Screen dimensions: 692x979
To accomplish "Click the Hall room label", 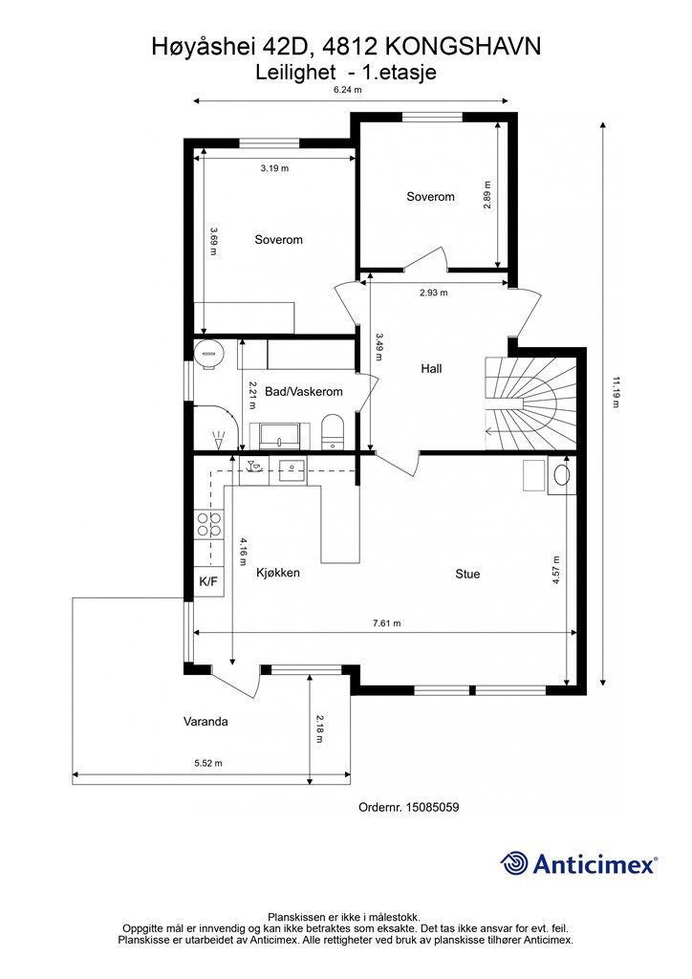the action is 431,368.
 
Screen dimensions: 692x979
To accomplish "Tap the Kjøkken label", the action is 278,573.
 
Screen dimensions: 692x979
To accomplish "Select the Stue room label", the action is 467,574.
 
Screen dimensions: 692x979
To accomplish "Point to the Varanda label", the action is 205,721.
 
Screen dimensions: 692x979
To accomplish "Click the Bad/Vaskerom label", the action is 304,392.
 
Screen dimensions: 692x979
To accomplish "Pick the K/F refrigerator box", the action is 208,582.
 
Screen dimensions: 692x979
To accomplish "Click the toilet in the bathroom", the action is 333,431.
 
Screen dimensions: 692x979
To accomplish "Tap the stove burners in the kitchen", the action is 208,524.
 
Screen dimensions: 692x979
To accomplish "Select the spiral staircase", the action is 530,402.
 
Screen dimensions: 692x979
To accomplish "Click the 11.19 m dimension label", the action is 616,391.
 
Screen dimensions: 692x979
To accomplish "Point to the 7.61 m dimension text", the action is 387,623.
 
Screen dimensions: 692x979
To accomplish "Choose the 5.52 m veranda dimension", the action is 208,763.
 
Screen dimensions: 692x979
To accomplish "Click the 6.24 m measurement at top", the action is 348,89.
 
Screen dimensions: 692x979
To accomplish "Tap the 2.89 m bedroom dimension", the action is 488,195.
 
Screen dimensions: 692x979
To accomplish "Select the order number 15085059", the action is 432,807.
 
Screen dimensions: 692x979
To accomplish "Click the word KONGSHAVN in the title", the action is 463,47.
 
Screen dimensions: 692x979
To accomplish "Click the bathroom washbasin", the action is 280,435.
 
